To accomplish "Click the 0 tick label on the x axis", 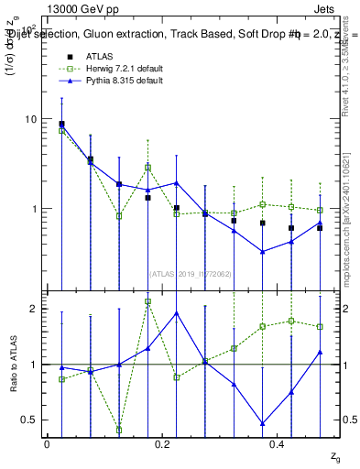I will click(47, 443).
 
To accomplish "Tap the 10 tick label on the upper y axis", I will click(31, 119).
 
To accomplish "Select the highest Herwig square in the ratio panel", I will click(147, 301).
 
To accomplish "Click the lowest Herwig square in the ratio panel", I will click(119, 429).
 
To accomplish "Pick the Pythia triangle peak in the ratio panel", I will click(176, 313).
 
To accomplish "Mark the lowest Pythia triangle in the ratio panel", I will click(262, 423).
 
